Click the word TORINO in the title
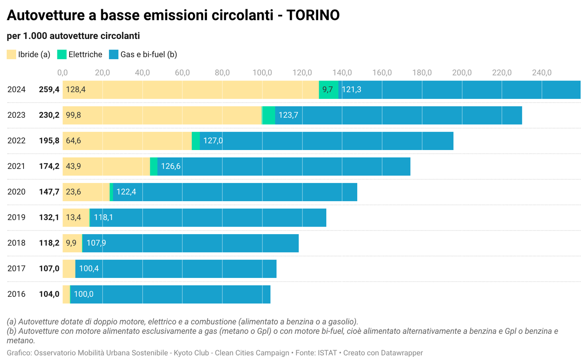click(x=313, y=15)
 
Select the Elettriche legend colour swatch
click(x=62, y=54)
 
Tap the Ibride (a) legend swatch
click(x=11, y=54)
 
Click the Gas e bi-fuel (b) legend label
click(x=148, y=54)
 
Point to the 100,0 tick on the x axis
click(x=262, y=72)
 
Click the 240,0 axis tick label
click(x=542, y=72)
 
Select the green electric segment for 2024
click(x=329, y=90)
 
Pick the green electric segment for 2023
click(x=269, y=115)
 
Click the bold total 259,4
click(x=49, y=90)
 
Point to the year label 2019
click(x=17, y=217)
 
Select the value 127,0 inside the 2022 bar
click(x=213, y=141)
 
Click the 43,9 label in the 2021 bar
click(x=73, y=166)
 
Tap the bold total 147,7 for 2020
click(x=49, y=192)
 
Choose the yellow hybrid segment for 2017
click(x=69, y=269)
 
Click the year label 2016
click(x=17, y=294)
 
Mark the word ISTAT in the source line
click(x=327, y=353)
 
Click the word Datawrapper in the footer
click(x=402, y=353)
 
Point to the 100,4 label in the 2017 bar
click(x=89, y=269)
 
